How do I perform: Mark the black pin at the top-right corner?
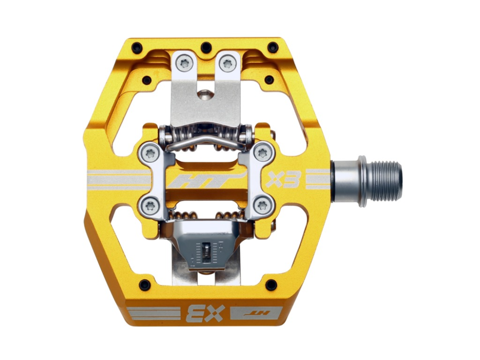273,48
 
